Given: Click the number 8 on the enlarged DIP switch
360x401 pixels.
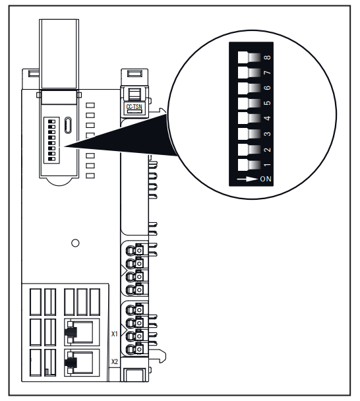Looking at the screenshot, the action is tap(268, 57).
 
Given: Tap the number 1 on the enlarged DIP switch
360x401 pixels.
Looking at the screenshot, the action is tap(268, 165).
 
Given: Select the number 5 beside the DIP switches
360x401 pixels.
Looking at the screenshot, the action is tap(268, 103).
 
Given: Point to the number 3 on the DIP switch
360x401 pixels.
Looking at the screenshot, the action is tap(268, 134).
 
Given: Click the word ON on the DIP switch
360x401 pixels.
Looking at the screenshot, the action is tap(266, 179).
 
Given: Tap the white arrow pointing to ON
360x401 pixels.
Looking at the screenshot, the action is tap(247, 179).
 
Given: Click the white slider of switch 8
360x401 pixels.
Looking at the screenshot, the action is tap(243, 57).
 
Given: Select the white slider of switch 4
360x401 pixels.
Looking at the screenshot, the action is tap(243, 119).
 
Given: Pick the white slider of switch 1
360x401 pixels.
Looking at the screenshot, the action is tap(243, 165).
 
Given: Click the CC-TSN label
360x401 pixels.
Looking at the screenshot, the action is tap(134, 106).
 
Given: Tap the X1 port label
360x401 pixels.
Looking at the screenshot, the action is tap(114, 334).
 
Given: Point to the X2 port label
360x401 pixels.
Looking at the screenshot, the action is tap(114, 361).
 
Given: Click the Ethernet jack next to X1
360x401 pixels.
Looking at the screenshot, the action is tap(82, 332).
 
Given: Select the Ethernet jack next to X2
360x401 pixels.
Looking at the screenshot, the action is tap(82, 363).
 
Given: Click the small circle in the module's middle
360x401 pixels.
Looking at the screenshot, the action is tap(75, 243).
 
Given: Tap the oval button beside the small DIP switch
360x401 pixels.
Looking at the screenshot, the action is tap(68, 125).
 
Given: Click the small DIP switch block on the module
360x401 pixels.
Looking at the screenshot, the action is tap(51, 140).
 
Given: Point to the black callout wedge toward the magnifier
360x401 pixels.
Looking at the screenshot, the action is tap(120, 136).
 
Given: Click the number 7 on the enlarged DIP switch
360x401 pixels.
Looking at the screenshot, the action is tap(268, 73).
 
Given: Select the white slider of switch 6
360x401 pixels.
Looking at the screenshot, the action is tap(243, 88).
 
